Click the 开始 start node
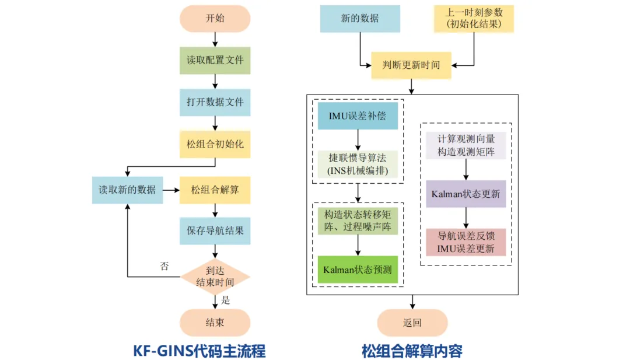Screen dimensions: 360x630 tap(215, 19)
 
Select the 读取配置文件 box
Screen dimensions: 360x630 tap(215, 60)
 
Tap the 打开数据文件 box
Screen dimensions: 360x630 tap(215, 102)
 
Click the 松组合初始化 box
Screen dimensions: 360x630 tap(215, 144)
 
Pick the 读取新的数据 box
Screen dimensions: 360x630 tap(127, 190)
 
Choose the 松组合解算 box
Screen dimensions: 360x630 tap(215, 190)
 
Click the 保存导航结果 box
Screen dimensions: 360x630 tap(215, 230)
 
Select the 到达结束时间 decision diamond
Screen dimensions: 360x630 tap(215, 276)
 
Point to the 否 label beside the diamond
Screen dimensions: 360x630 tap(164, 266)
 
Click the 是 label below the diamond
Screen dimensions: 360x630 tap(226, 300)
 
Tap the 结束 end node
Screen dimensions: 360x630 tap(215, 323)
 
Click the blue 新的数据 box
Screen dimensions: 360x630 tap(360, 19)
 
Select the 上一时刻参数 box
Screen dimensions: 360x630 tap(474, 19)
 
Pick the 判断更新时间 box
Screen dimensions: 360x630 tap(411, 65)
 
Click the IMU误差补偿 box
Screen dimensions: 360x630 tap(358, 116)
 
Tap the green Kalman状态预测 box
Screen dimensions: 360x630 tap(358, 270)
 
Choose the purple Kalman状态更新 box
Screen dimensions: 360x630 tap(466, 194)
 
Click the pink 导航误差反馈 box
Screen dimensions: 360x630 tap(466, 242)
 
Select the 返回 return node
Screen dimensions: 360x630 tap(412, 323)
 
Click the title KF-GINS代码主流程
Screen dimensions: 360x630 tap(199, 351)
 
